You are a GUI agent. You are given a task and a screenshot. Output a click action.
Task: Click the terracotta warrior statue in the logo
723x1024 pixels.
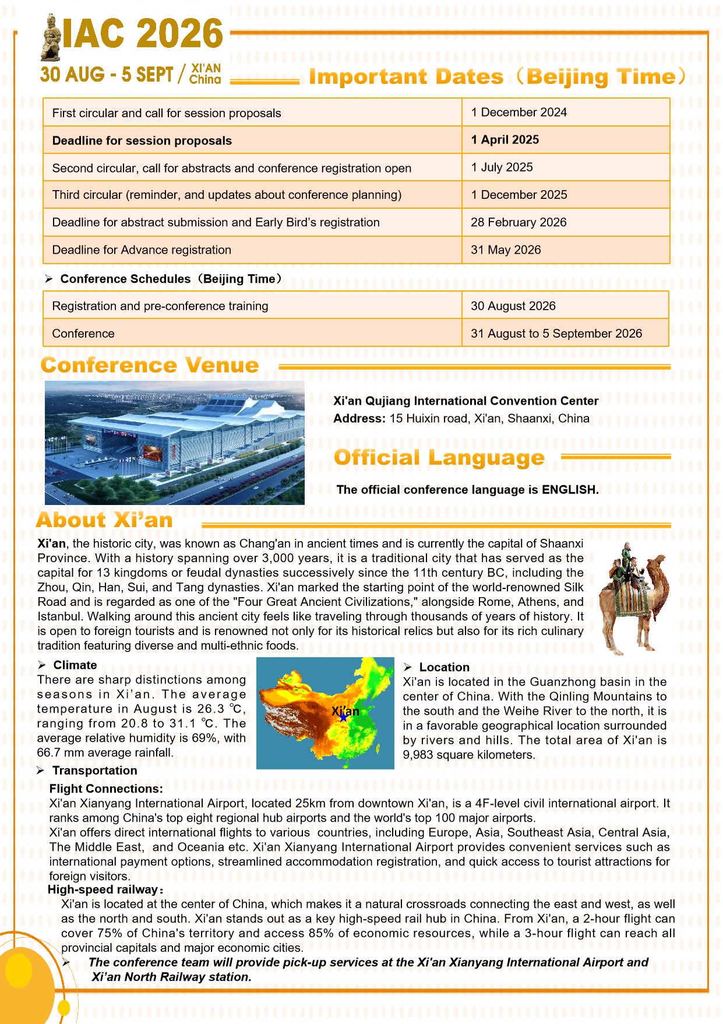51,38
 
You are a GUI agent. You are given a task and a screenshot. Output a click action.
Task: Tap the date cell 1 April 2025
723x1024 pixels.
505,140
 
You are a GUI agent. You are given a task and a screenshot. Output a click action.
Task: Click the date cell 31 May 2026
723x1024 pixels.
506,250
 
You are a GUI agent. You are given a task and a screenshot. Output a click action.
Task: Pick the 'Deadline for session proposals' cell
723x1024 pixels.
142,141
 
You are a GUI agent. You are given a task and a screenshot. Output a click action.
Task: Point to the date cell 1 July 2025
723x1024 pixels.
502,167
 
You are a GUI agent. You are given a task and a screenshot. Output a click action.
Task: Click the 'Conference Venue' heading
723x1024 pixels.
150,366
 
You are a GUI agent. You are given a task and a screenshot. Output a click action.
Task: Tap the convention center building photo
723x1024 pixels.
174,443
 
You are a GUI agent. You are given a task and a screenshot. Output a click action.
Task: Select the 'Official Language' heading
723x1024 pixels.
439,458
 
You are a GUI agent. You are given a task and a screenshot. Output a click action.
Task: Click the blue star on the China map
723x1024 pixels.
344,718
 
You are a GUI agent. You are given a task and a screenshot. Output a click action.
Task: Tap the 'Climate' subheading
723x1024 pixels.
75,665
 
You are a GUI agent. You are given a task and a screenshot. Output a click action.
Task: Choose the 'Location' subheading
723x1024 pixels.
444,668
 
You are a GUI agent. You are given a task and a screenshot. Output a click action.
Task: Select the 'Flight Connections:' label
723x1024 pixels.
106,789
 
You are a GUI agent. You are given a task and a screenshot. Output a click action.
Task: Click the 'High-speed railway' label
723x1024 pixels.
103,890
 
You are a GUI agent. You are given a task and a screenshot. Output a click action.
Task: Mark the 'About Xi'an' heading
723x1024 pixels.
104,520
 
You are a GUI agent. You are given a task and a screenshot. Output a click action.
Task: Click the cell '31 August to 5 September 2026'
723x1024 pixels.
556,334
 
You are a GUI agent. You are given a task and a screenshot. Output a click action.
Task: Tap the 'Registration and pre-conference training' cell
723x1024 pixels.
160,306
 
